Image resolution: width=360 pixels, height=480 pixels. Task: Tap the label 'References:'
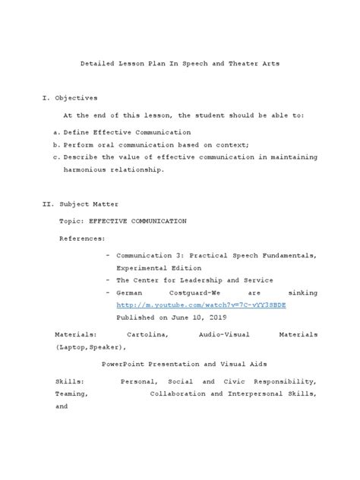click(84, 238)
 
